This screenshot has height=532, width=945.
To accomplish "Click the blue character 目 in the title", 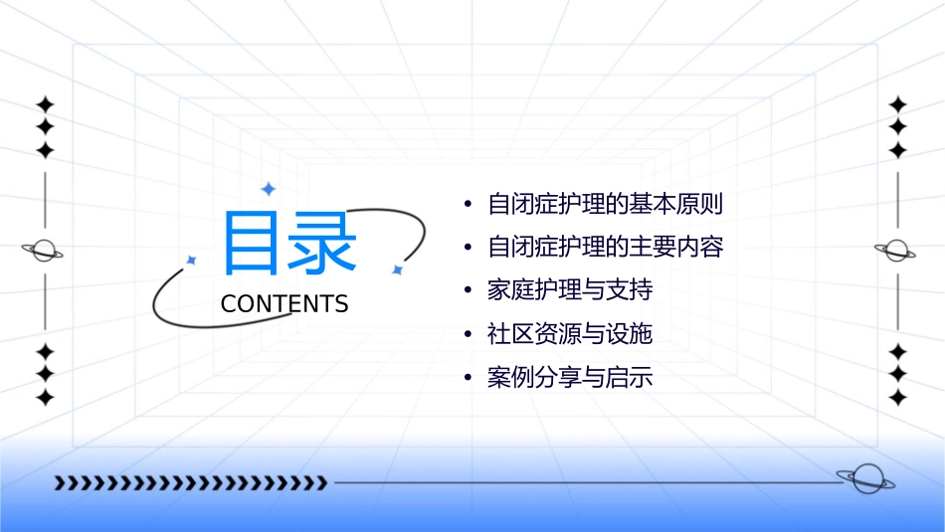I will (249, 243).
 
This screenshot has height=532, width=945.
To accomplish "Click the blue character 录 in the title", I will (320, 243).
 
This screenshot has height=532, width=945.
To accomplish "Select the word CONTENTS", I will (284, 304).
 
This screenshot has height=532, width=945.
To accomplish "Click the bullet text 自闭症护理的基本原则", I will (605, 205).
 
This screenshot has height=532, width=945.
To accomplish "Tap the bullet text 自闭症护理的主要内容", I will (605, 248).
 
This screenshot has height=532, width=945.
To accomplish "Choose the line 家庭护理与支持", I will (570, 291).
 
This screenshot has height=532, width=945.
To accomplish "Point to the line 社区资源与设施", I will (570, 334).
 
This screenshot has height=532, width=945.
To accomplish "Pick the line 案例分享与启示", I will (570, 378).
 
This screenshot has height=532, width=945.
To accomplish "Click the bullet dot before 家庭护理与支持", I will (468, 292).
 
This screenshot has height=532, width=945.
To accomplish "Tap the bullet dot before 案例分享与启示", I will (468, 379).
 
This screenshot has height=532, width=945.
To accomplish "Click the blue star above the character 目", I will (267, 189).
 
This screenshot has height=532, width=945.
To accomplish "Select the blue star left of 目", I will (192, 260).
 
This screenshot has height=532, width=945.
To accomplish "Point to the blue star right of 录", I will (397, 269).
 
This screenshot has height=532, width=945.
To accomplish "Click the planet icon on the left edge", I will (44, 251).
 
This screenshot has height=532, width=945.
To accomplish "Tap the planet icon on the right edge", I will (896, 251).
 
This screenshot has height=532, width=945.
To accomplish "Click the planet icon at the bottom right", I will (865, 479).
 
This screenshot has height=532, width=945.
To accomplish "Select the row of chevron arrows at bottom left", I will (190, 483).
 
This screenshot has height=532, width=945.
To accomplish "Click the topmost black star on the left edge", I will (45, 103).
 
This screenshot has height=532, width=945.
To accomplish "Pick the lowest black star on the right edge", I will (898, 398).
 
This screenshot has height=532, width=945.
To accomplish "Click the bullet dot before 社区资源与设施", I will (468, 335).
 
